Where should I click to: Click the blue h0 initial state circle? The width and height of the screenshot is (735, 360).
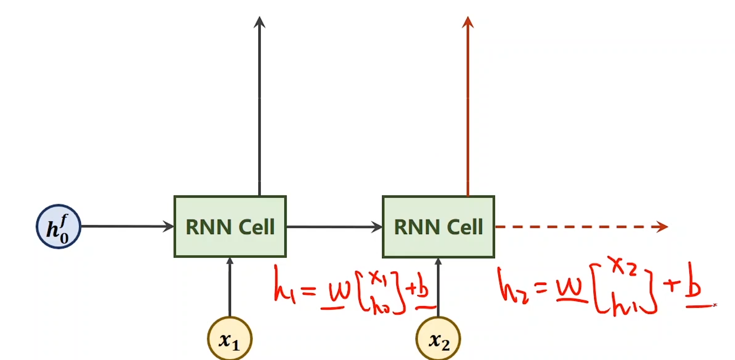tap(58, 226)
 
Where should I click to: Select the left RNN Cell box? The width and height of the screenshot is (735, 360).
tap(230, 226)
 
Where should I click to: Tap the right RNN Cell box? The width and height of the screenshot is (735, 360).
tap(438, 226)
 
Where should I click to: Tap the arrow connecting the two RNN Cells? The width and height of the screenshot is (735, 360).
tap(334, 227)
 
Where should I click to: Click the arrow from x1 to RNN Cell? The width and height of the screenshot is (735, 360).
tap(230, 288)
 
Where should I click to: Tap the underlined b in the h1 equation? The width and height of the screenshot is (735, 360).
tap(422, 290)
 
